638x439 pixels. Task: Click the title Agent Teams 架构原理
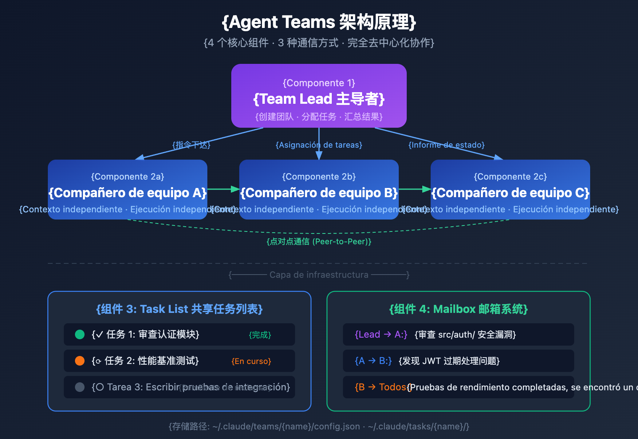(319, 22)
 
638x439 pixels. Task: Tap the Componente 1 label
(319, 83)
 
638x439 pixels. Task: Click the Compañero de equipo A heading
(128, 193)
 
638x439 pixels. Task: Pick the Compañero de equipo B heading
(319, 193)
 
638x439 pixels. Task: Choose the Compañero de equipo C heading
(510, 193)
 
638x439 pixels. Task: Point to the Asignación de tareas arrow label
(319, 145)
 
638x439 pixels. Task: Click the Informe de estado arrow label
(447, 145)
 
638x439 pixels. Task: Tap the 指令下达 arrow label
(191, 145)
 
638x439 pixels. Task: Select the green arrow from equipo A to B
(223, 189)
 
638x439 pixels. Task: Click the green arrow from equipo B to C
(415, 189)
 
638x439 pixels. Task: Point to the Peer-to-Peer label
(319, 241)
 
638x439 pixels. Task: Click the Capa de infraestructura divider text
(319, 275)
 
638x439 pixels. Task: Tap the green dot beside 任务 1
(80, 334)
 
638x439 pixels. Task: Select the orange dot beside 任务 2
(80, 361)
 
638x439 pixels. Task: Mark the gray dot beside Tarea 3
(80, 387)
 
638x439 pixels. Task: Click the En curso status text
(251, 361)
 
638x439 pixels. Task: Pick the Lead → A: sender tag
(381, 334)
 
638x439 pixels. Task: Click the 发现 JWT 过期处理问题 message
(449, 361)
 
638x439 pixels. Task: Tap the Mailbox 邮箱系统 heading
(459, 309)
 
